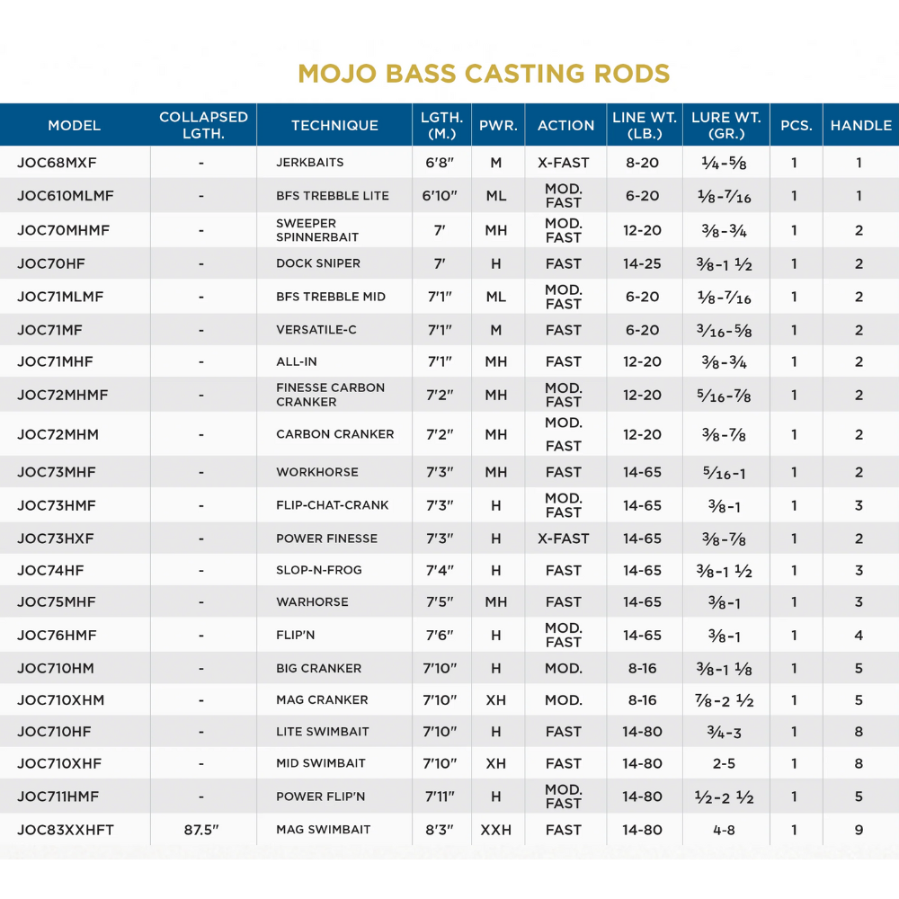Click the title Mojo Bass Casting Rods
pyautogui.click(x=484, y=73)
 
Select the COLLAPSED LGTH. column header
pyautogui.click(x=203, y=126)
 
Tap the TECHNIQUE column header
pyautogui.click(x=334, y=126)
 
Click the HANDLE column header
pyautogui.click(x=860, y=126)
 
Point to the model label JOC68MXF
pyautogui.click(x=57, y=163)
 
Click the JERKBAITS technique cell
pyautogui.click(x=310, y=163)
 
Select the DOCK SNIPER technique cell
pyautogui.click(x=318, y=263)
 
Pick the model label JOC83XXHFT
pyautogui.click(x=66, y=830)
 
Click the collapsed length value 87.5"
pyautogui.click(x=201, y=830)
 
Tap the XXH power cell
pyautogui.click(x=496, y=830)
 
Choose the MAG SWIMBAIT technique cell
pyautogui.click(x=324, y=830)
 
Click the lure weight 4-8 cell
pyautogui.click(x=724, y=830)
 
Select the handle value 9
pyautogui.click(x=859, y=830)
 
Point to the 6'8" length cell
pyautogui.click(x=441, y=163)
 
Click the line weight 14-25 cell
pyautogui.click(x=642, y=263)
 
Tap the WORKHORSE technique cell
pyautogui.click(x=317, y=472)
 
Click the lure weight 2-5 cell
pyautogui.click(x=724, y=763)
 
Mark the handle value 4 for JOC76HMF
pyautogui.click(x=859, y=635)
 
